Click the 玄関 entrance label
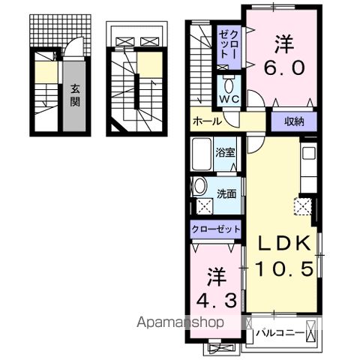[75, 95]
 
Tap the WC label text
[229, 99]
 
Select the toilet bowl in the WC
[229, 86]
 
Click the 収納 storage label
[294, 121]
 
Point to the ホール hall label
[207, 121]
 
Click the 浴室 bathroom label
[226, 152]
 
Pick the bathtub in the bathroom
[202, 154]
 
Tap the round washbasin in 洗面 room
[199, 187]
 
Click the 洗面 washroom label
[226, 194]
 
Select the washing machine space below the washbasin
[205, 206]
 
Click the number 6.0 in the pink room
[284, 67]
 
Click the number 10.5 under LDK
[284, 268]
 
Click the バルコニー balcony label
[281, 333]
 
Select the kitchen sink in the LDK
[309, 153]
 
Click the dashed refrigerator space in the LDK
[303, 206]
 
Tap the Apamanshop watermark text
[180, 322]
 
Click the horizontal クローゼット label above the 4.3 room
[216, 229]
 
